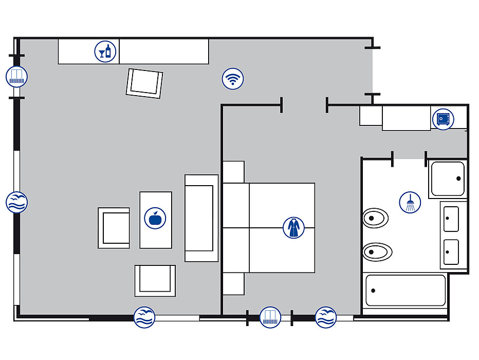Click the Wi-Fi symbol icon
233,79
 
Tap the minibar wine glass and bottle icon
105,51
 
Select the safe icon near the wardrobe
443,119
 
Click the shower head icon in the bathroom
410,202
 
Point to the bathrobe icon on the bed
293,227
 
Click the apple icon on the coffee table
155,218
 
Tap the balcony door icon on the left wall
16,77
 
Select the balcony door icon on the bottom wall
270,317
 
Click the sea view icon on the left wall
16,202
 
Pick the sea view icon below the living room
144,317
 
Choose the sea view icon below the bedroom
326,317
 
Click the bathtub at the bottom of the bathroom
405,291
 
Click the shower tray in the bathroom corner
448,178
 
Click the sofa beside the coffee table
201,218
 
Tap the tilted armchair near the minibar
144,83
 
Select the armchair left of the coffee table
114,228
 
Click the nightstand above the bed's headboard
233,172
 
